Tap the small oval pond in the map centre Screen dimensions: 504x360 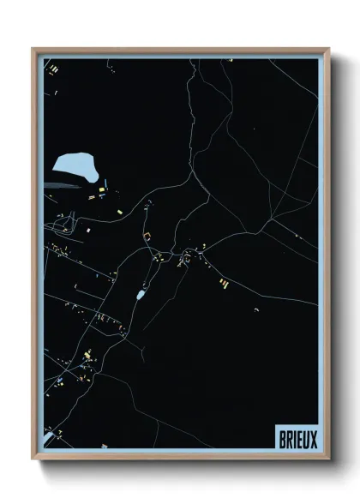(141, 295)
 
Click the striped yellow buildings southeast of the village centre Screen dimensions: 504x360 (222, 282)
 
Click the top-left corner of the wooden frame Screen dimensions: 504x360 (33, 49)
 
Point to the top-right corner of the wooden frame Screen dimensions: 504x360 (327, 49)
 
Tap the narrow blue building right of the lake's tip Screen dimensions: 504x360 (107, 178)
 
